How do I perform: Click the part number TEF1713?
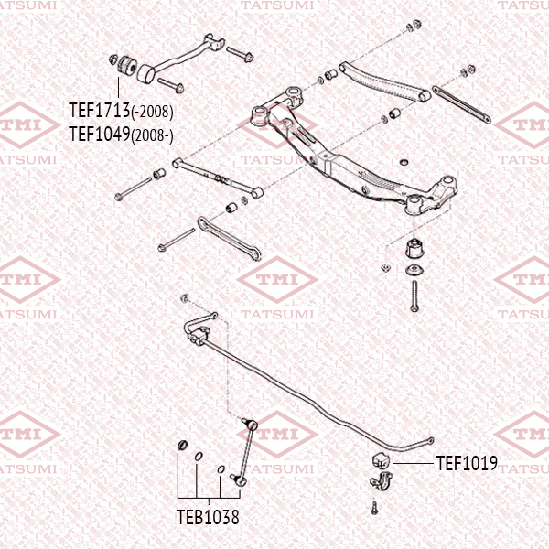(100, 112)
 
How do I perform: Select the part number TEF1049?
(100, 134)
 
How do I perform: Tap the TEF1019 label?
(467, 464)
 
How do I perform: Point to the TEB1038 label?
(208, 517)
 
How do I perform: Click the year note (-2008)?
(152, 113)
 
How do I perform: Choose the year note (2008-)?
(152, 135)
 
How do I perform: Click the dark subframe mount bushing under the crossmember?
(414, 247)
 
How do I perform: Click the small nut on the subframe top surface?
(402, 161)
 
